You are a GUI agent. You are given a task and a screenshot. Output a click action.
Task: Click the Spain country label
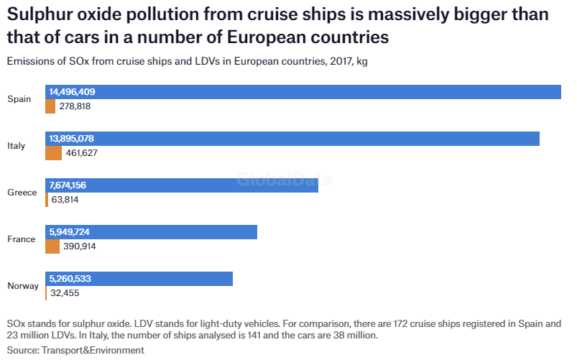coord(19,99)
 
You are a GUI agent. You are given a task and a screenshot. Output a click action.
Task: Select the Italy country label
coord(16,146)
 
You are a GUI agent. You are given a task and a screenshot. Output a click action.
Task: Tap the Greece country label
coord(22,193)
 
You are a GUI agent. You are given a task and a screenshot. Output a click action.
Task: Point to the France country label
coord(21,239)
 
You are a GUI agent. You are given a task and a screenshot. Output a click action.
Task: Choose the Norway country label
coord(23,286)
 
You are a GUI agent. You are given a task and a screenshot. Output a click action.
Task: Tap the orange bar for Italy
coord(53,153)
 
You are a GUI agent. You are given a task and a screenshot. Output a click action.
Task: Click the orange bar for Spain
coord(50,106)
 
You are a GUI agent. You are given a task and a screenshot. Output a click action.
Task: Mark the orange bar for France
coord(52,246)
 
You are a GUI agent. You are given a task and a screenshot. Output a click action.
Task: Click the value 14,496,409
coord(72,92)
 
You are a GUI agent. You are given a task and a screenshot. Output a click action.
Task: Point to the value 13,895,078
coord(71,139)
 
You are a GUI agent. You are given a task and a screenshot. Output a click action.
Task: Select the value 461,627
coord(81,153)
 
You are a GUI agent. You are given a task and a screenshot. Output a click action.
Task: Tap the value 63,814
coord(65,200)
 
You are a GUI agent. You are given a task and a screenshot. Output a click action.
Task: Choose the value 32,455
coord(65,293)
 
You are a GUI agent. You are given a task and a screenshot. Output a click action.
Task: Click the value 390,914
coord(80,246)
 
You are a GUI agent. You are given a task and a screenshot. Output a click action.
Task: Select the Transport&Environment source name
coord(93,350)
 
